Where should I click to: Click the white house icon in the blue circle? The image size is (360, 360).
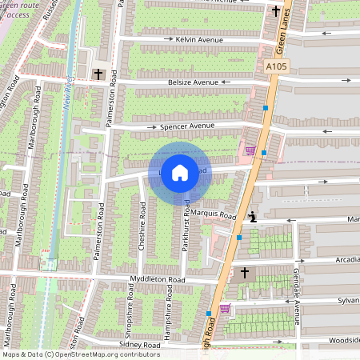(180, 172)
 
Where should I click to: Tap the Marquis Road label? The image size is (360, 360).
(214, 215)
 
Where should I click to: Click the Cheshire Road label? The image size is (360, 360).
(142, 232)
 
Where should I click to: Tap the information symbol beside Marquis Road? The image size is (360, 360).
(253, 215)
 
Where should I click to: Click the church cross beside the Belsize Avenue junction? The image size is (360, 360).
(98, 74)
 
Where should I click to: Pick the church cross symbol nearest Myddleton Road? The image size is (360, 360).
(245, 274)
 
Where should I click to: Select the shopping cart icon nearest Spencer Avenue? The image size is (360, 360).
(250, 150)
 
